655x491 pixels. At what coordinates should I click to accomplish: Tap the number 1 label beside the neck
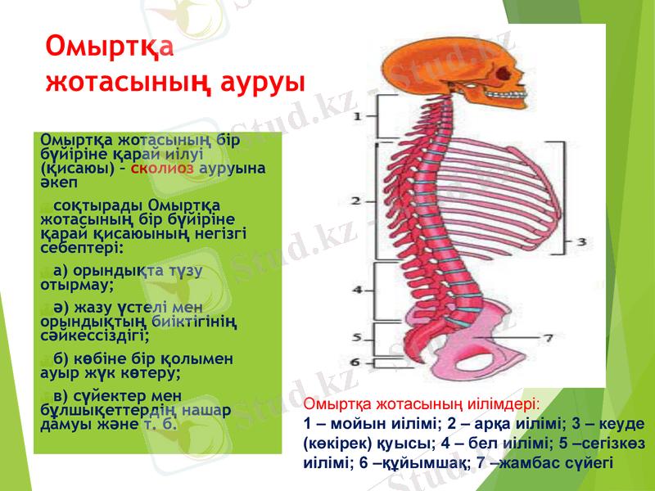(x=358, y=117)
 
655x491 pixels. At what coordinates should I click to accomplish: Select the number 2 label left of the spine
(x=357, y=200)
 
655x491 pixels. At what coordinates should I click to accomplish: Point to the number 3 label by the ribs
(x=580, y=241)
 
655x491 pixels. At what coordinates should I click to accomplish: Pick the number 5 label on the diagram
(x=358, y=337)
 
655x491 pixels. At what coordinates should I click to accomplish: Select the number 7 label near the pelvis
(x=549, y=336)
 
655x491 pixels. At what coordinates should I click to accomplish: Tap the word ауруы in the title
(x=261, y=82)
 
